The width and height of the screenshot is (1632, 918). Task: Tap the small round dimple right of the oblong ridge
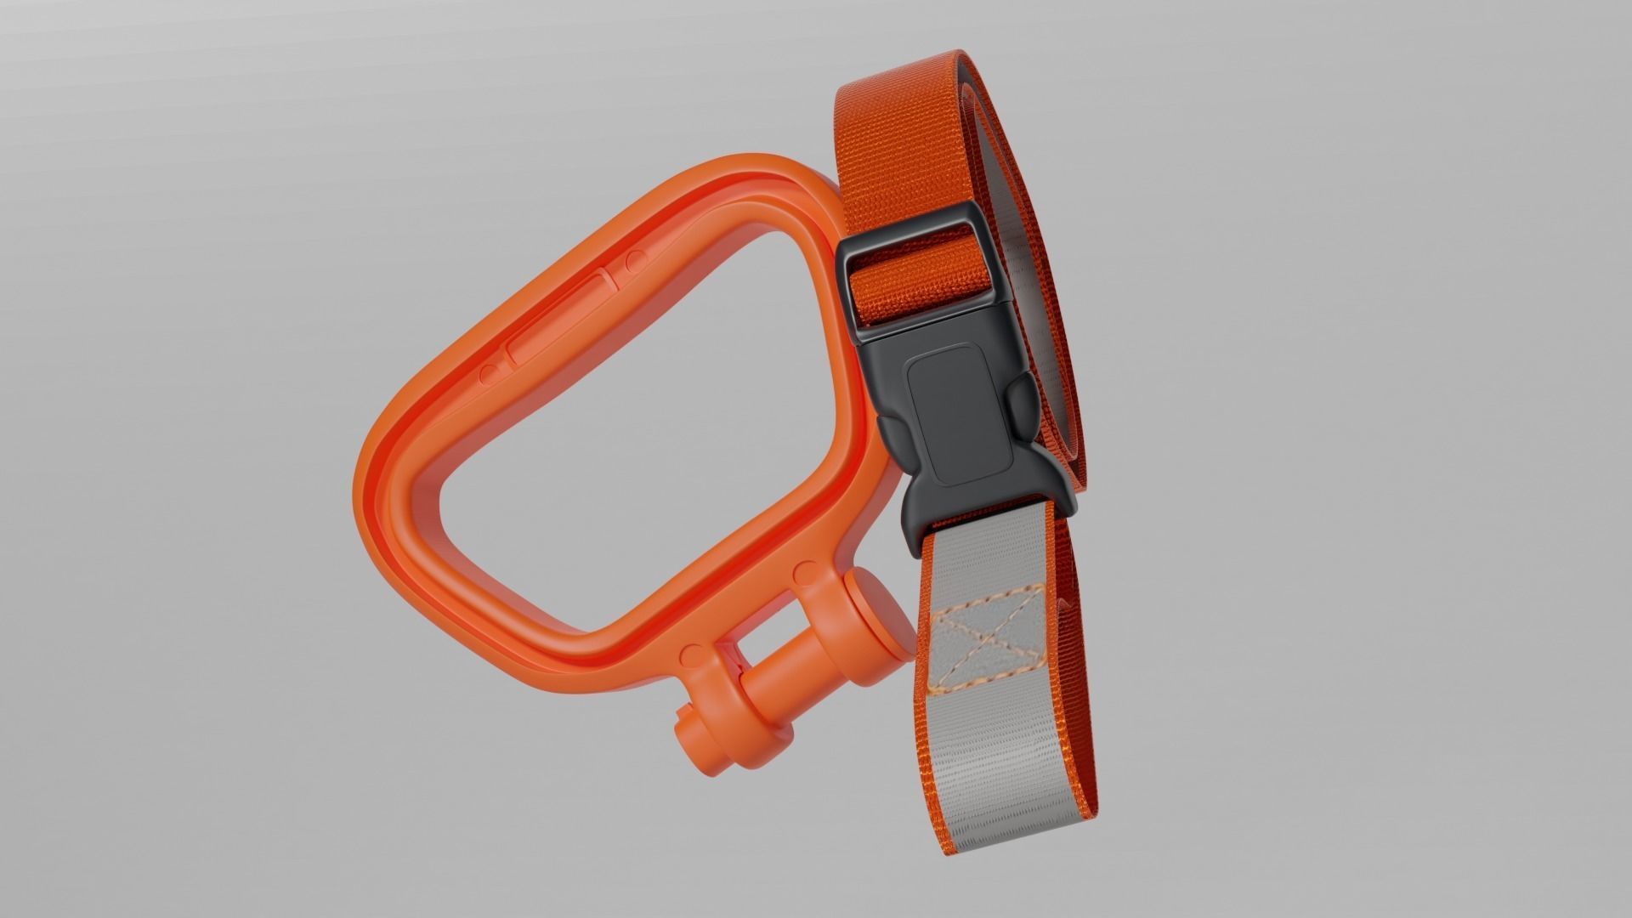pyautogui.click(x=633, y=257)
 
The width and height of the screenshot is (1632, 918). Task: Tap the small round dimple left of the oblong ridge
pyautogui.click(x=487, y=373)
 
